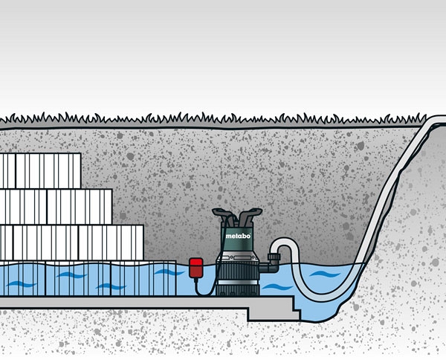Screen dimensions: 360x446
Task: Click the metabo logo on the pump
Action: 237,236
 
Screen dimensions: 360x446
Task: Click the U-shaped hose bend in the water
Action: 297,286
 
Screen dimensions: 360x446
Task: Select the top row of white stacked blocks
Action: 40,171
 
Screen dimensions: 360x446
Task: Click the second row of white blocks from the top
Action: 56,207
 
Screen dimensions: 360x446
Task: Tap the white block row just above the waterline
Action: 71,242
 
